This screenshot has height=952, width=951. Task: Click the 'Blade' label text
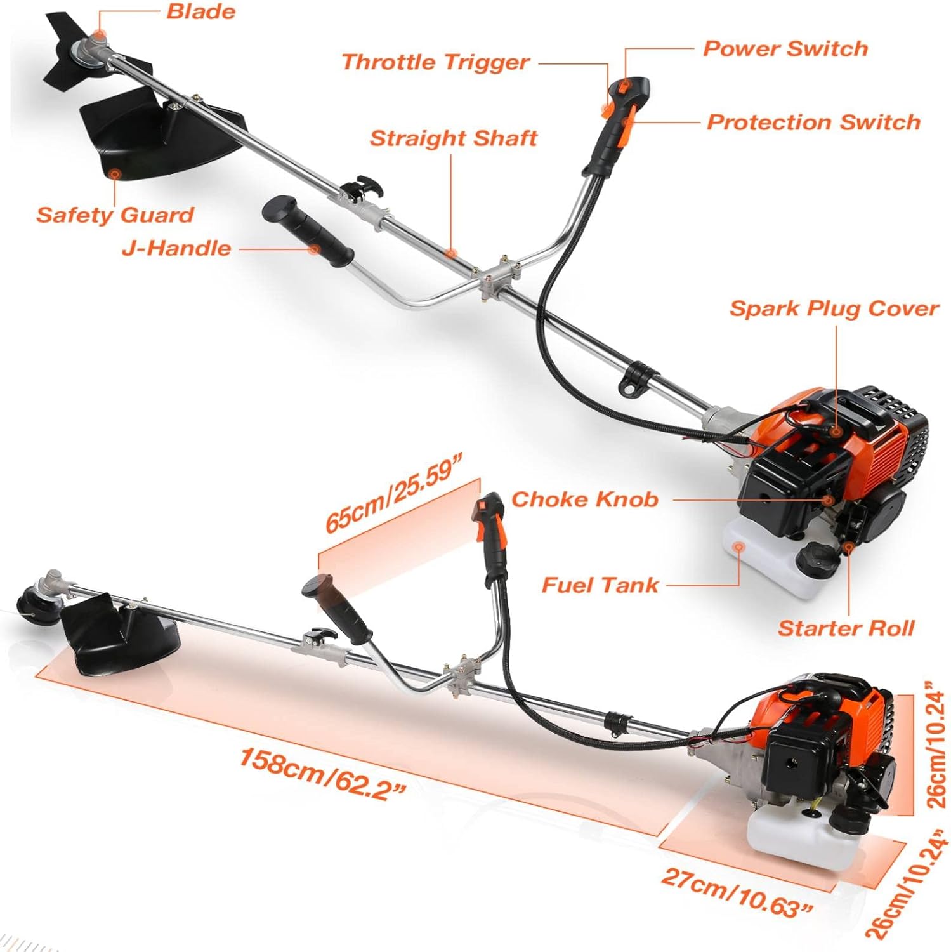click(200, 11)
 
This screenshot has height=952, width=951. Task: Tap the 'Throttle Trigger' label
click(435, 62)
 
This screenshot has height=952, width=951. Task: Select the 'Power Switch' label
click(785, 49)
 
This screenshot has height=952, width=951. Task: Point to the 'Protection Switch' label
click(813, 122)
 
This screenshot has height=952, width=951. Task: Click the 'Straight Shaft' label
click(453, 138)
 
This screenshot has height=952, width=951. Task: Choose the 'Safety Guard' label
click(115, 215)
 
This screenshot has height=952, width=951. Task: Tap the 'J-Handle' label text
click(176, 248)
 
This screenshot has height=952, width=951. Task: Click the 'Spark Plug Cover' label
click(834, 309)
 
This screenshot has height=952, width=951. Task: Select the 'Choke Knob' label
click(584, 499)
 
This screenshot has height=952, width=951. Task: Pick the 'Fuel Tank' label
click(600, 585)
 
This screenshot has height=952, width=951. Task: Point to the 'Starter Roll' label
click(846, 628)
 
